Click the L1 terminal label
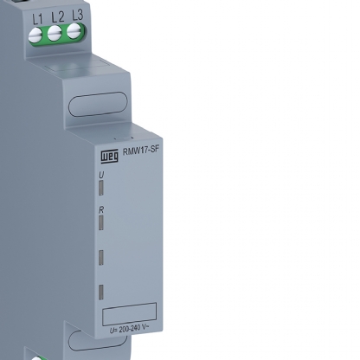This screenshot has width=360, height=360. click(x=37, y=19)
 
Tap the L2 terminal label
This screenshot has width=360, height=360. click(x=58, y=17)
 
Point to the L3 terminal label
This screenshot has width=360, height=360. click(x=78, y=15)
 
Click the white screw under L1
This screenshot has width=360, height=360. click(x=35, y=35)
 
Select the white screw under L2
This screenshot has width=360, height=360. click(x=55, y=34)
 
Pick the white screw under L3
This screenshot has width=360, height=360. click(x=74, y=31)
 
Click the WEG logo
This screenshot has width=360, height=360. click(x=109, y=156)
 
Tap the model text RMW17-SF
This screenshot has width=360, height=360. click(x=141, y=151)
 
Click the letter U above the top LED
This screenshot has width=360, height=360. click(x=101, y=175)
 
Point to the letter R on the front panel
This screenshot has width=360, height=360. click(x=101, y=210)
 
